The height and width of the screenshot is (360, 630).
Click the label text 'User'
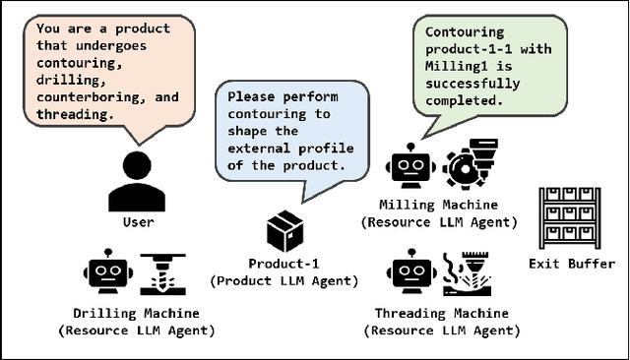point(138,222)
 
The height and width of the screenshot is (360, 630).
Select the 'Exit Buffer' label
point(571,263)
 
